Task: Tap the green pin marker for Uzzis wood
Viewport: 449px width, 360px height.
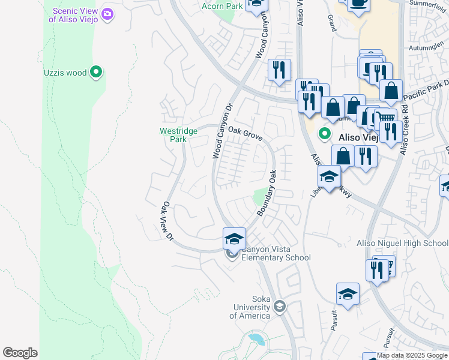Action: click(x=96, y=73)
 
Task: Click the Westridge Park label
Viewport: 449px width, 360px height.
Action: click(x=173, y=135)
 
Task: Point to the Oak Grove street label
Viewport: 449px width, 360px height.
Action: click(x=245, y=134)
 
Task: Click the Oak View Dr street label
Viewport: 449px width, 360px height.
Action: click(x=166, y=220)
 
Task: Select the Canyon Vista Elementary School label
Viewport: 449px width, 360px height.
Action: click(x=276, y=253)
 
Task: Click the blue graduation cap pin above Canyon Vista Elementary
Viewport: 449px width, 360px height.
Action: click(x=234, y=239)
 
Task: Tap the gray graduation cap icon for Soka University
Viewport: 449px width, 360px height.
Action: click(x=279, y=307)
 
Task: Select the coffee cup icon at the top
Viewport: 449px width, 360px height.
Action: click(x=360, y=3)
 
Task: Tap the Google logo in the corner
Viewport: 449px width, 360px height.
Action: click(x=20, y=353)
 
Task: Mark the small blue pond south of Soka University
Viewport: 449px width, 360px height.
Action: click(x=256, y=340)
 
